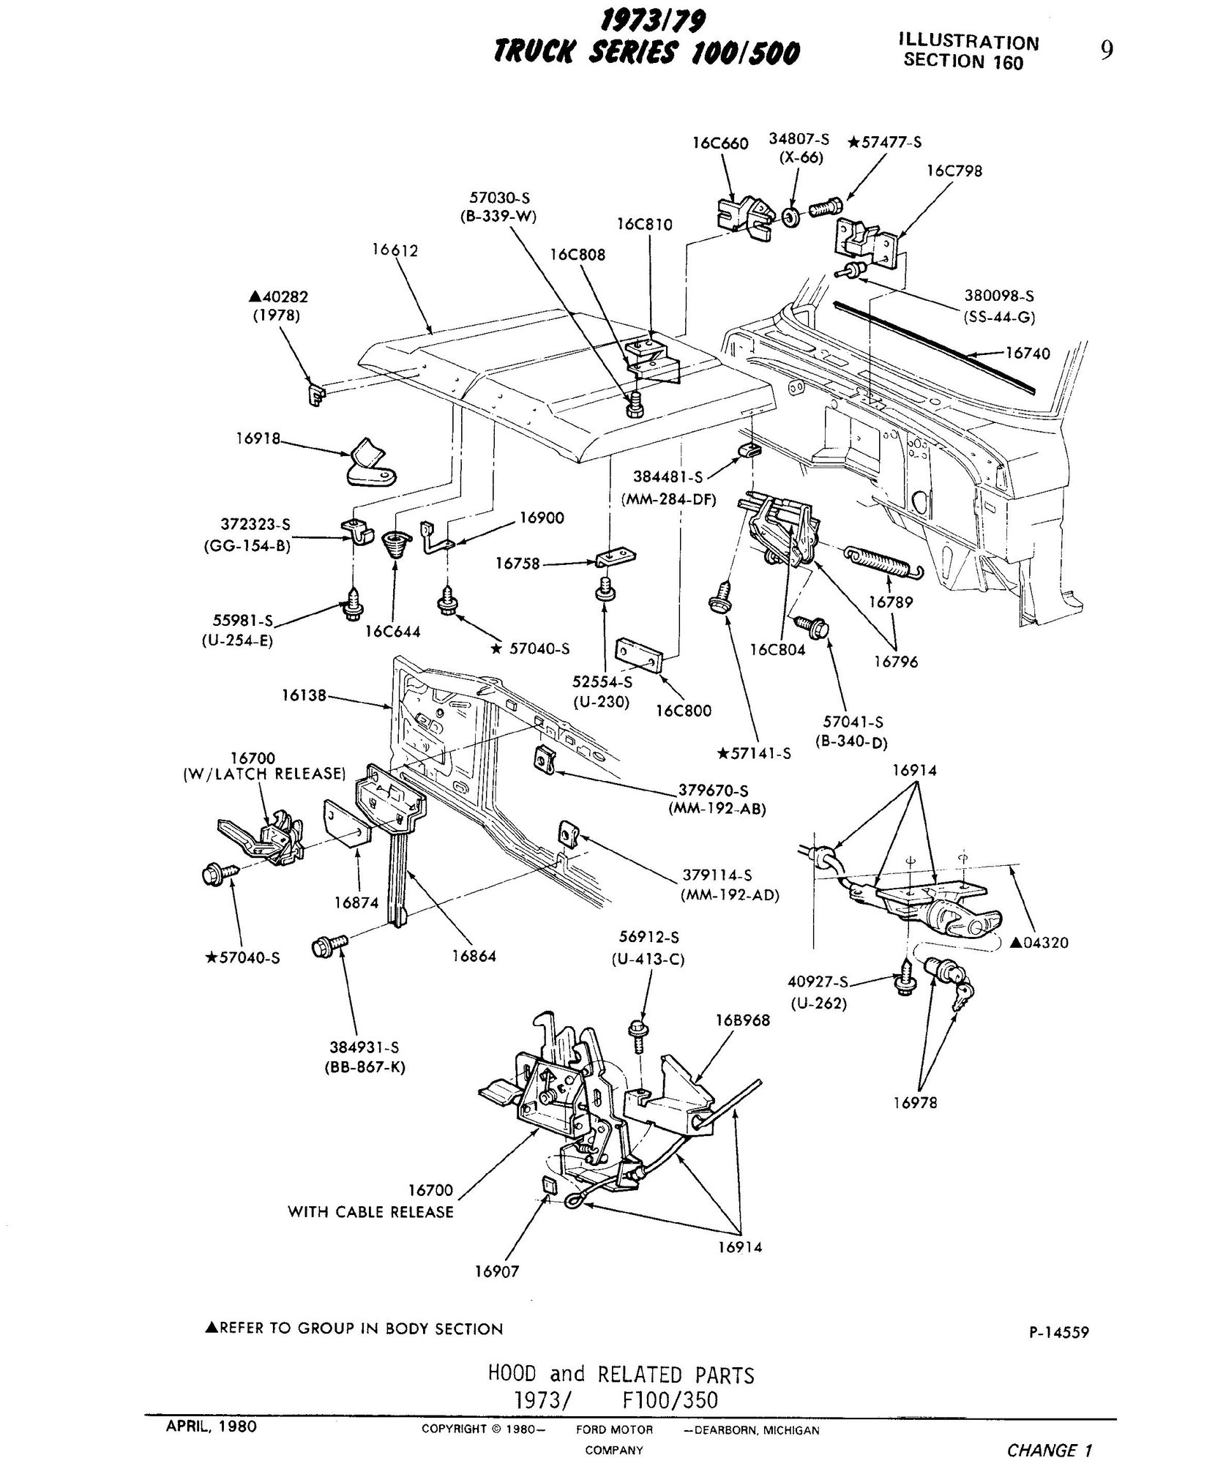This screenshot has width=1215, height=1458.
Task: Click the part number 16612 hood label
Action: click(395, 251)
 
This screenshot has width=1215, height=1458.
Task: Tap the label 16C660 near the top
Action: click(720, 143)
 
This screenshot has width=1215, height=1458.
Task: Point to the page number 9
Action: click(1107, 51)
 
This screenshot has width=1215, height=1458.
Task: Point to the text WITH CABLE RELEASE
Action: click(370, 1211)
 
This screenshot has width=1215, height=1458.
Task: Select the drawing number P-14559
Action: click(1058, 1332)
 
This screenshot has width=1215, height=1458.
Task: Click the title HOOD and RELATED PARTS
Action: click(621, 1374)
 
